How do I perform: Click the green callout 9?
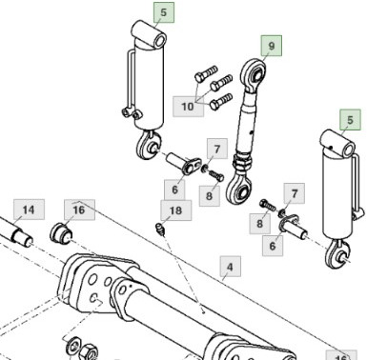pos(271,44)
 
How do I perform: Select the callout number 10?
pos(187,106)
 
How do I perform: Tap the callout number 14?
pos(29,209)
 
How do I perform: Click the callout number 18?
pos(174,210)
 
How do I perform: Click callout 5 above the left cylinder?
pos(163,12)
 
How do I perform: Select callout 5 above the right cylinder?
pos(352,119)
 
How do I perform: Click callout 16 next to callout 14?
pos(78,209)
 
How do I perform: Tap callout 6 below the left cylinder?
pos(175,189)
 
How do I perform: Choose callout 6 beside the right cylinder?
pos(274,245)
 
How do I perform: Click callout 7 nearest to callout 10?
pos(217,149)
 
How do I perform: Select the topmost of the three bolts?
pos(207,71)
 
